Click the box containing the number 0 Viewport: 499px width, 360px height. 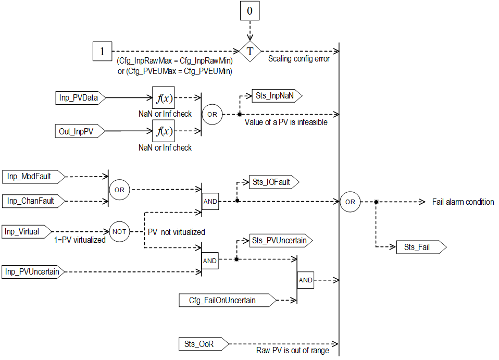point(250,11)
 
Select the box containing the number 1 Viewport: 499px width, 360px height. point(102,52)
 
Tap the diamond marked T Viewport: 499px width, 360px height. point(250,52)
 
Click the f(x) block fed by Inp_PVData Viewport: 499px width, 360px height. point(163,97)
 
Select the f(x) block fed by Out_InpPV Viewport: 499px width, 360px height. point(163,131)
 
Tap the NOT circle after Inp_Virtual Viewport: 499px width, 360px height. point(119,231)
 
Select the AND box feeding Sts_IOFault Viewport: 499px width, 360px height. point(210,201)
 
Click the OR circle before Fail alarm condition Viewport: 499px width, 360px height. point(350,202)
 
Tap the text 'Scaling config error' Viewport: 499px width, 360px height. point(298,59)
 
